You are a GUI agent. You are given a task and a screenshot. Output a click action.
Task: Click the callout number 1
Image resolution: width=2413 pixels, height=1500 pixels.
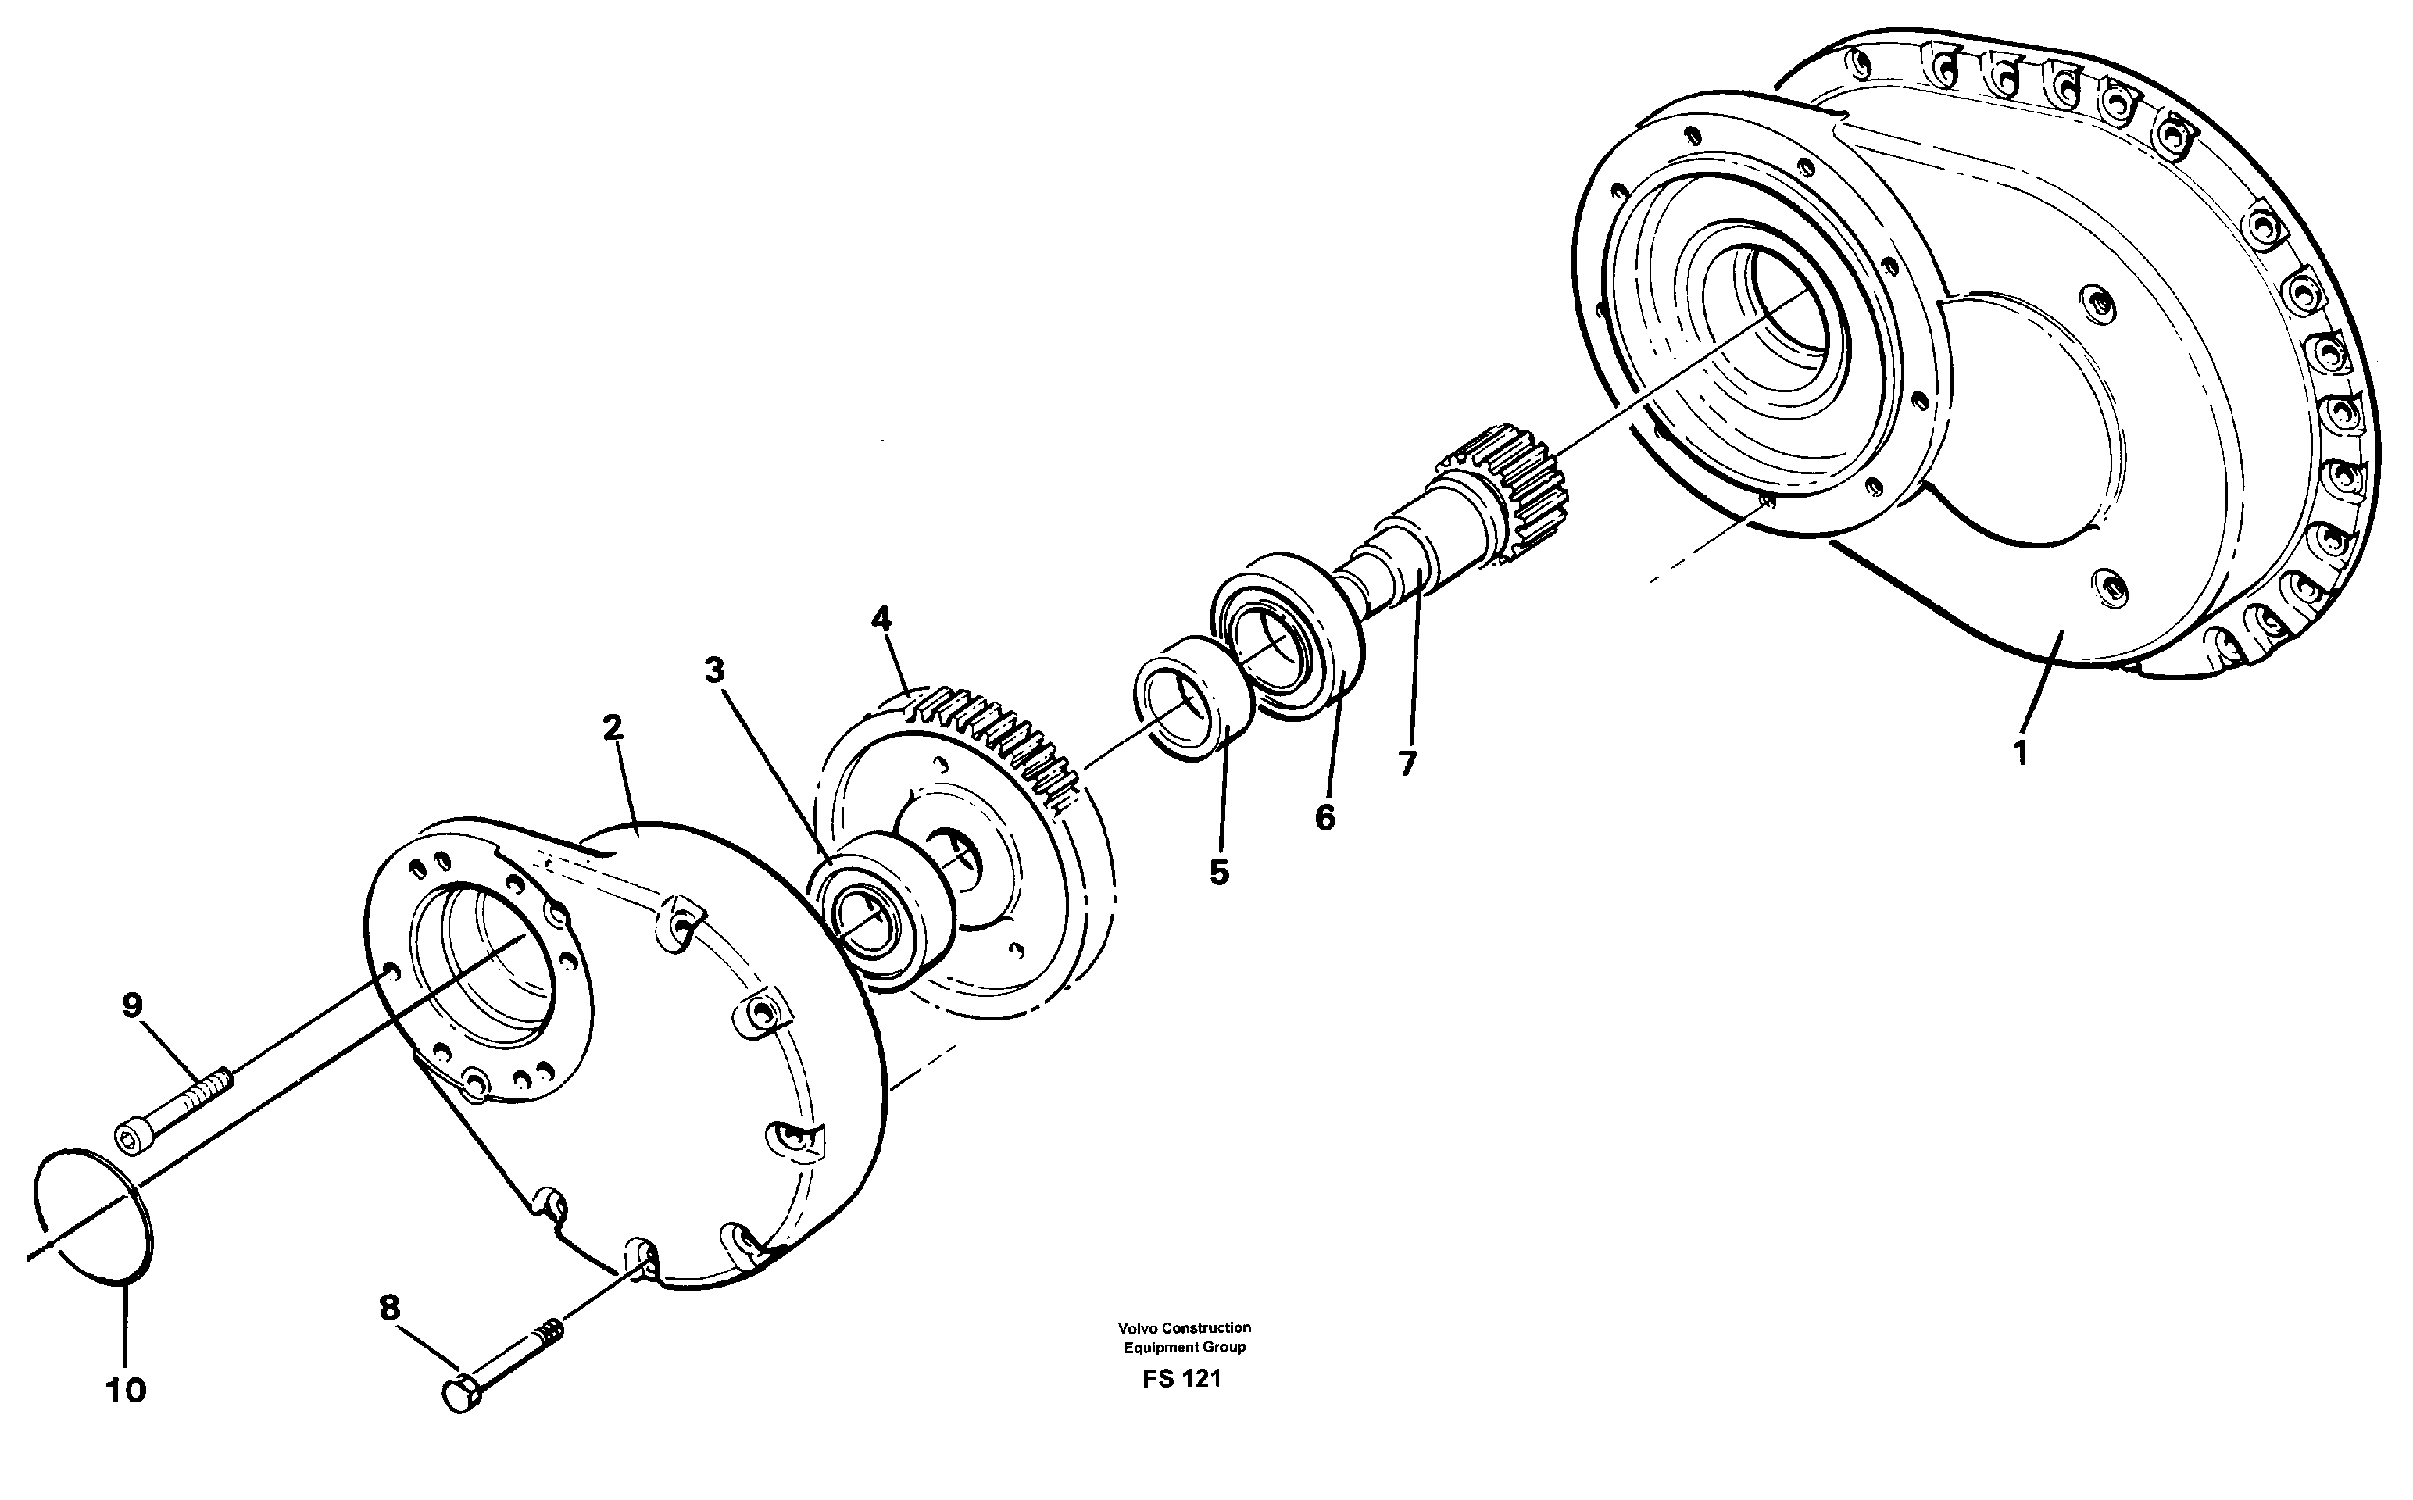coord(2021,753)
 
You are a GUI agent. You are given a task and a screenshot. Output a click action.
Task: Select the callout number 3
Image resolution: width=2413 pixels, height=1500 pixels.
coord(714,670)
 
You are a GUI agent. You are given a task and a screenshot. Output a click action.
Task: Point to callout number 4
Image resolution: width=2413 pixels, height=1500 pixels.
coord(881,619)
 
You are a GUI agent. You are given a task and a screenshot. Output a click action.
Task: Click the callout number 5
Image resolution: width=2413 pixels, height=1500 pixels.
coord(1218,872)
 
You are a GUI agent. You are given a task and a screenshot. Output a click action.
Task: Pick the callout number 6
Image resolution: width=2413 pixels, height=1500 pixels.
coord(1324,817)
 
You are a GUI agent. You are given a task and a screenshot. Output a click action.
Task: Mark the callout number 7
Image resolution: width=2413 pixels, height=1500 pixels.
coord(1407,763)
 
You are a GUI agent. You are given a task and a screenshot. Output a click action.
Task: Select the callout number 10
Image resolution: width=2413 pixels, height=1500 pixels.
coord(126,1390)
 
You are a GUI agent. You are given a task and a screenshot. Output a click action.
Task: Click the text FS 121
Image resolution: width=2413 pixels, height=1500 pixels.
coord(1181,1379)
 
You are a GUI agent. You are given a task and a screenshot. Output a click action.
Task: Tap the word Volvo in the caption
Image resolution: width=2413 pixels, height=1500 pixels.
coord(1136,1327)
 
